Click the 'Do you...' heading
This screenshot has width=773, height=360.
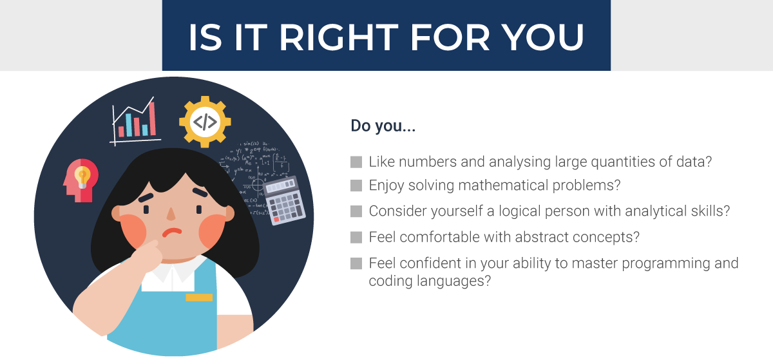point(383,126)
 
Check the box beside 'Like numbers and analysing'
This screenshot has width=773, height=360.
point(356,162)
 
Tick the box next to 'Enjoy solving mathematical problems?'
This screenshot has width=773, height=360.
point(356,186)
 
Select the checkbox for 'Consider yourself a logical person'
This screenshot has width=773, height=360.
point(356,211)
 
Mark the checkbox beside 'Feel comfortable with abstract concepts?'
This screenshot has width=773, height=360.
point(356,237)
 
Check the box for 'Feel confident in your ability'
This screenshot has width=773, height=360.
point(356,263)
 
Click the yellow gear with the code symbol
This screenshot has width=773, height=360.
point(205,122)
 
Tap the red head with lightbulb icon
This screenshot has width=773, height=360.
point(80,180)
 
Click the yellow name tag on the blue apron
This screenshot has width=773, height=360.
point(199,298)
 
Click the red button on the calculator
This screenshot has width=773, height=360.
point(276,220)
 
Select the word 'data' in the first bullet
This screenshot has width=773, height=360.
point(698,162)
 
